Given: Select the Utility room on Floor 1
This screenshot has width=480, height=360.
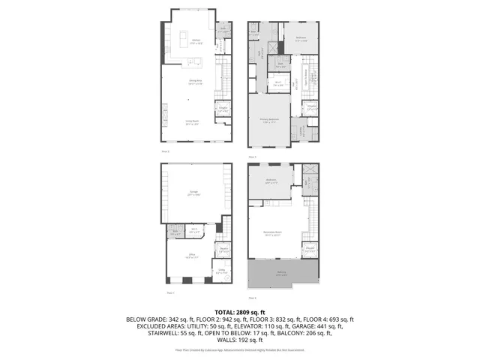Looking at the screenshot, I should point(222,273).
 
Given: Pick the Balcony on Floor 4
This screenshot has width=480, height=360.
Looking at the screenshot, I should point(281,274).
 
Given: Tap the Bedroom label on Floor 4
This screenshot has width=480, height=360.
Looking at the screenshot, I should point(271,181).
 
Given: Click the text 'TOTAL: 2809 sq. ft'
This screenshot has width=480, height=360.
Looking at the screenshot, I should point(240,311).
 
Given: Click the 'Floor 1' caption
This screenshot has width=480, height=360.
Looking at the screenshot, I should point(170,292).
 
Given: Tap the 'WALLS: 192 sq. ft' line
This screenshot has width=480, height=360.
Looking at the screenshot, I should point(240,340).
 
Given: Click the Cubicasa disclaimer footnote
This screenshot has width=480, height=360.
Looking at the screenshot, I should point(240,349).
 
